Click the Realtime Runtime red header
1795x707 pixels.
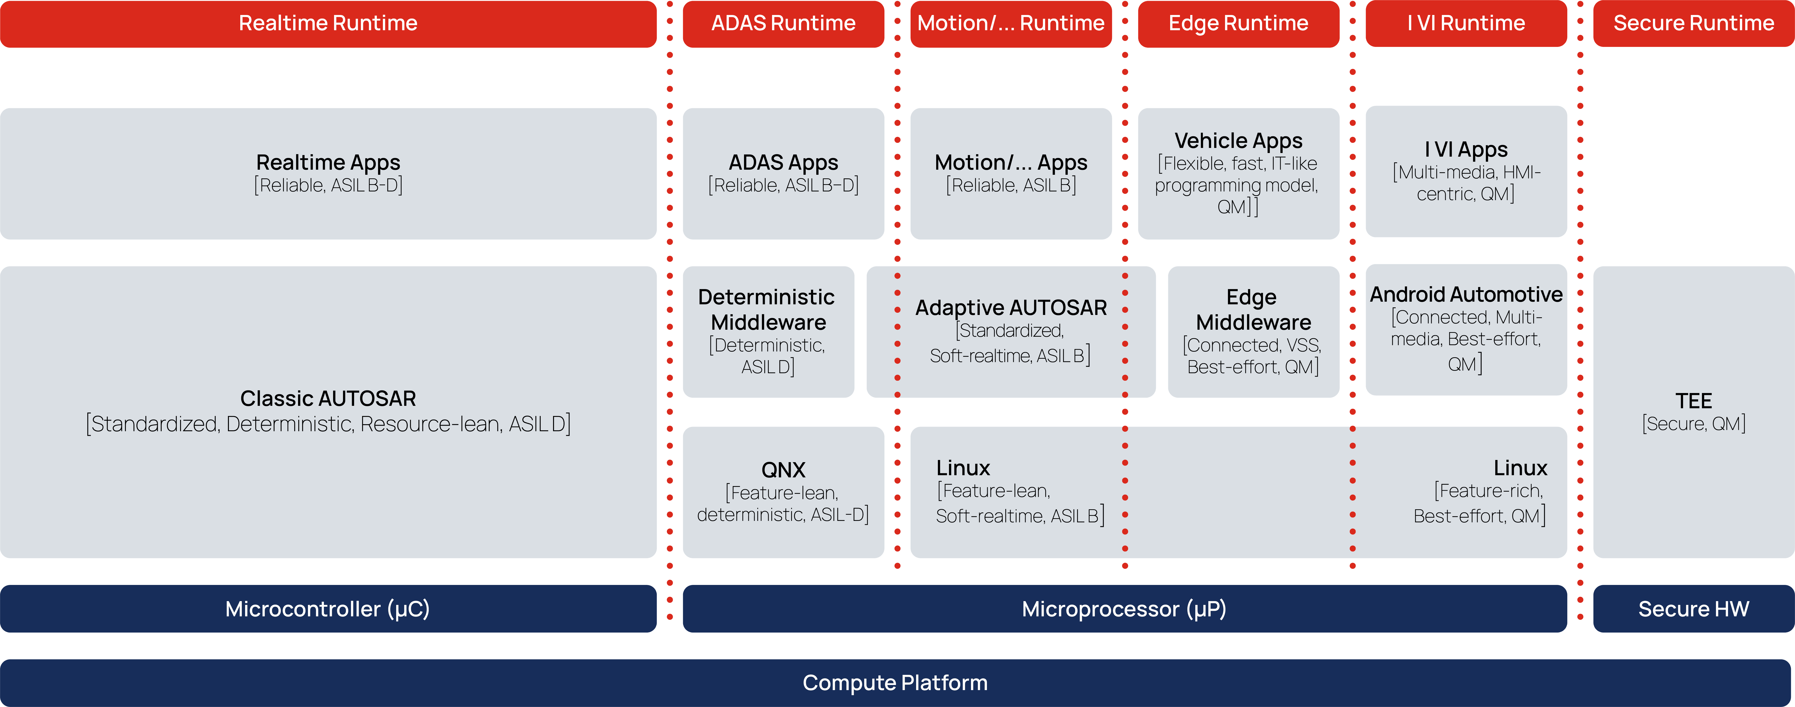pos(328,24)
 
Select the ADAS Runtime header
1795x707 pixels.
pos(783,24)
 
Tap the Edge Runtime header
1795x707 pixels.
pos(1238,24)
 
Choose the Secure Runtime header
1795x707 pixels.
pos(1694,24)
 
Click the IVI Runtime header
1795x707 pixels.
pos(1466,24)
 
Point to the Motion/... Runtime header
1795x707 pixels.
pos(1011,24)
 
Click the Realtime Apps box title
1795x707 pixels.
pos(328,162)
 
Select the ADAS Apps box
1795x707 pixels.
pos(783,174)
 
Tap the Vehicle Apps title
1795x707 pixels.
pos(1238,141)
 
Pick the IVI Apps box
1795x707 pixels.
pos(1466,171)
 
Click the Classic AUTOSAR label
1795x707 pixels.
pos(328,398)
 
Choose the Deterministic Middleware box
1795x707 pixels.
pos(769,332)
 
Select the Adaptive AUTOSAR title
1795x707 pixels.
pos(1011,308)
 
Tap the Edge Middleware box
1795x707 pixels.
pos(1254,332)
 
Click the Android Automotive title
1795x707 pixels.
pos(1466,295)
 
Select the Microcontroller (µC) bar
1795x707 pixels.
pos(328,609)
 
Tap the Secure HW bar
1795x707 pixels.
pos(1694,609)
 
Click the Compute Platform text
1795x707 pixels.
pos(895,683)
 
